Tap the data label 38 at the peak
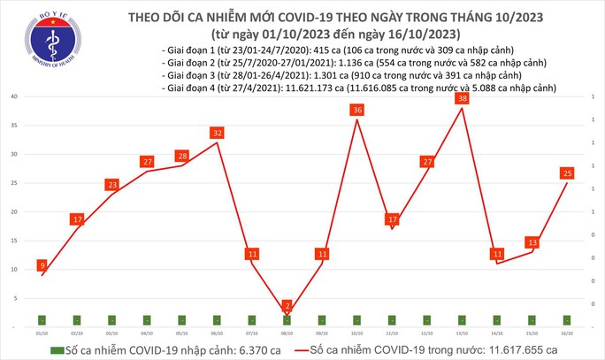coord(463,100)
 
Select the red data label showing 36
coord(357,110)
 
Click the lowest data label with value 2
coord(287,305)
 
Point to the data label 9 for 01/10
coord(42,264)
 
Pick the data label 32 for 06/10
coord(218,134)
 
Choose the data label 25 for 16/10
coord(567,172)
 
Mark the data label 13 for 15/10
coord(532,241)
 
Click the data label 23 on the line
coord(112,185)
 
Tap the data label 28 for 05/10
coord(182,157)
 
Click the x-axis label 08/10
coord(287,333)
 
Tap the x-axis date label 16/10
coord(567,333)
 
